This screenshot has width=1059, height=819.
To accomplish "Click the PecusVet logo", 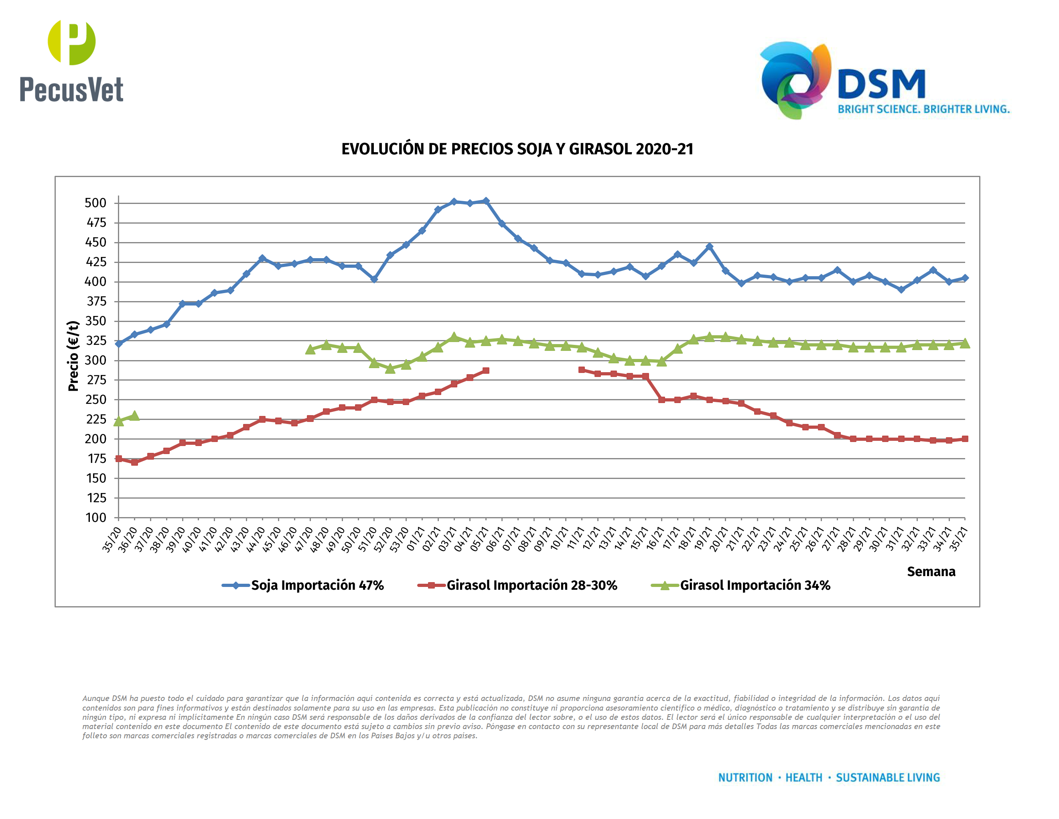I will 71,61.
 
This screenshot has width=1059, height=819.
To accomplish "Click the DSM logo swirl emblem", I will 795,80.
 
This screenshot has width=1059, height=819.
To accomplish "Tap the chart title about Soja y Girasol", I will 517,149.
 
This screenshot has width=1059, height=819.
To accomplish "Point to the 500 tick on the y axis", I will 95,203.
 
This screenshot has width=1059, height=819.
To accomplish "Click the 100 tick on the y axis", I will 96,518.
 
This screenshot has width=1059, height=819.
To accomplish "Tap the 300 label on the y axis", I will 95,361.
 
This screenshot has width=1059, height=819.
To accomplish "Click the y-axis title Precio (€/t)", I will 73,356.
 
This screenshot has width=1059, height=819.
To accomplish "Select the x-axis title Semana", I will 931,572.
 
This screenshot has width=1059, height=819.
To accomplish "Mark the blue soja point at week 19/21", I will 709,247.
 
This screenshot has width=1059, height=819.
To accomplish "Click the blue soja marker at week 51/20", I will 374,279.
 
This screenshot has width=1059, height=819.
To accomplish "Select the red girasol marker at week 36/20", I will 134,462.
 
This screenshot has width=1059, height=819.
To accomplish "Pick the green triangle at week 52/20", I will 390,368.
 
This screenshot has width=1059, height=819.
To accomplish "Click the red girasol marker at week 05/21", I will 486,371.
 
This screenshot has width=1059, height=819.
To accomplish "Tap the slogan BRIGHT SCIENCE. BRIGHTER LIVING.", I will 923,109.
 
